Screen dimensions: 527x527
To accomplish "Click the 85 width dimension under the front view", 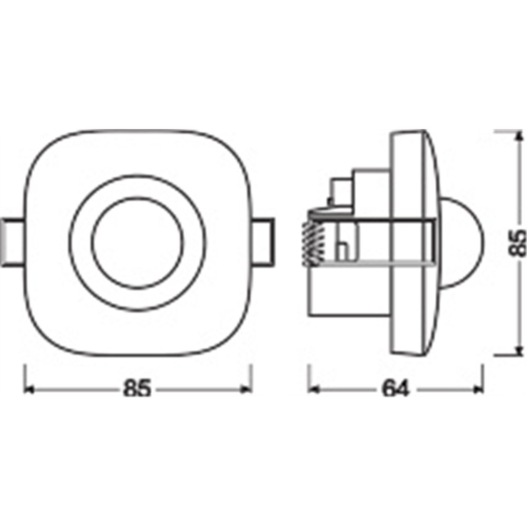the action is click(138, 388).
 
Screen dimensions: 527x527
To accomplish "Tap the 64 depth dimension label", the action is click(396, 388).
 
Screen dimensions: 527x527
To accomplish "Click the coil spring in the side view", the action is click(313, 243).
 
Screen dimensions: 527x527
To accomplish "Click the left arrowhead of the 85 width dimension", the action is click(29, 389).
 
